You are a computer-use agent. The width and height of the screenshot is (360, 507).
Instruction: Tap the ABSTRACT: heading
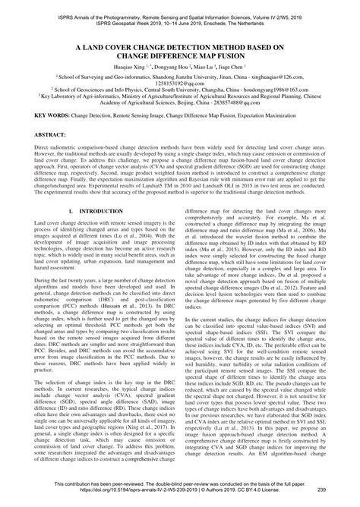click(30, 133)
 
